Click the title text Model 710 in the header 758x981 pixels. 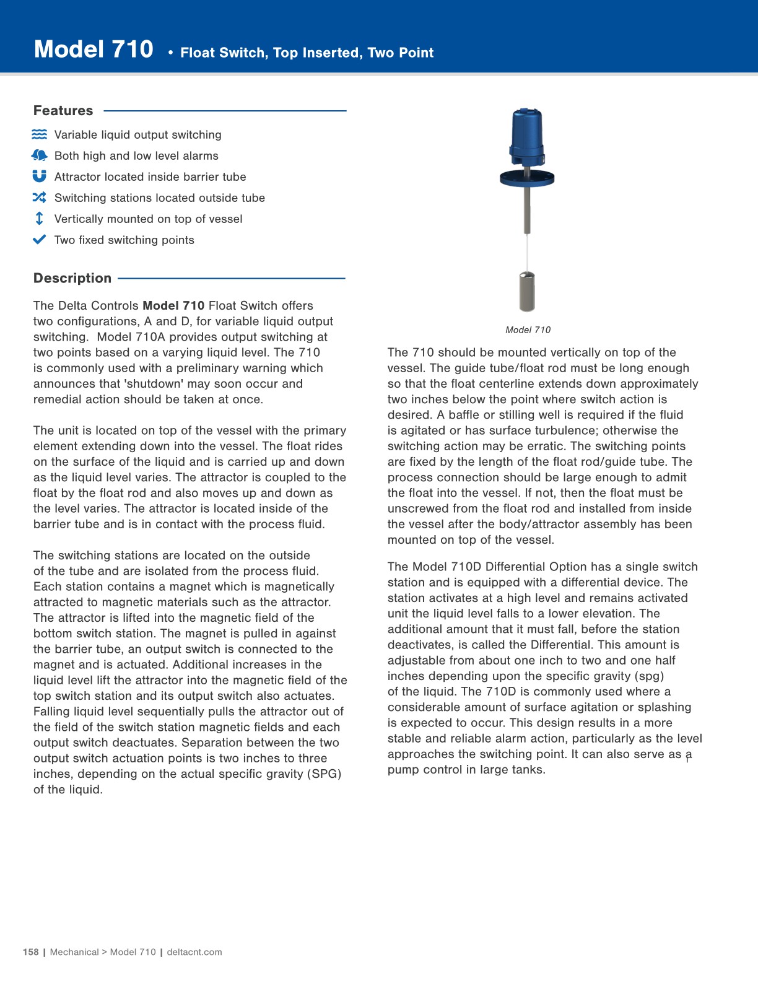click(x=94, y=50)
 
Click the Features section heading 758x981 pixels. click(x=63, y=111)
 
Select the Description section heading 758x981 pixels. click(x=72, y=278)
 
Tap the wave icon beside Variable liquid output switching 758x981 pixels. click(x=39, y=134)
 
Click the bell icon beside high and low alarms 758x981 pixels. click(x=39, y=155)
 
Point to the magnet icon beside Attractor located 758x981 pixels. click(x=39, y=177)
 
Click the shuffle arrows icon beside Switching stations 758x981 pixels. click(x=39, y=198)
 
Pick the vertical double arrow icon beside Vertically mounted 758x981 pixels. click(x=39, y=219)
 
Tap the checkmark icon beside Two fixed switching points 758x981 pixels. click(x=39, y=240)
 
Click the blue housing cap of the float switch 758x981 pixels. click(x=526, y=133)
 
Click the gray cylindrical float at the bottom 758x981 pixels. click(x=526, y=291)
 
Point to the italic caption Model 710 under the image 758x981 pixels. click(x=528, y=330)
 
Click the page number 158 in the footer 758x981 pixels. click(x=30, y=952)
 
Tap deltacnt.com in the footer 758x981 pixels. click(x=194, y=952)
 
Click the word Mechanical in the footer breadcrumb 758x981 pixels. click(x=74, y=952)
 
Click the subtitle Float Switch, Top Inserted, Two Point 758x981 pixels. click(x=307, y=53)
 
